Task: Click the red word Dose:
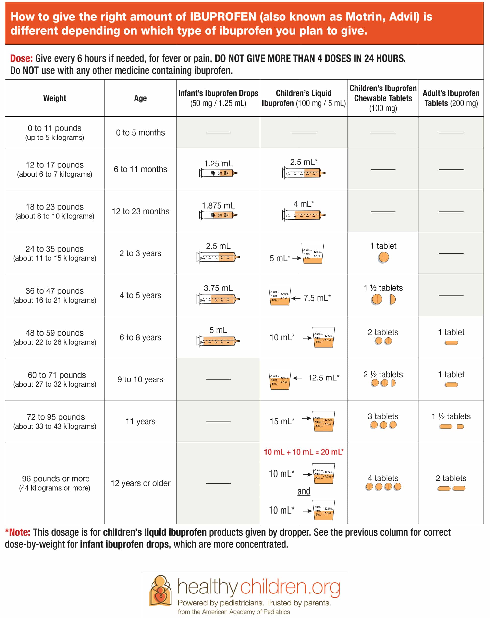[x=21, y=59]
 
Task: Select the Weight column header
[x=54, y=98]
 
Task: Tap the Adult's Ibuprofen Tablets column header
[x=451, y=98]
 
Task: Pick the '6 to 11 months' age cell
[x=140, y=169]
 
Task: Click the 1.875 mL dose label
[x=218, y=205]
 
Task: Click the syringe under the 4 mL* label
[x=304, y=215]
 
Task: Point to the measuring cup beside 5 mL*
[x=312, y=253]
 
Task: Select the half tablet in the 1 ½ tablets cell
[x=392, y=300]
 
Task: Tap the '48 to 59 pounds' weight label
[x=54, y=333]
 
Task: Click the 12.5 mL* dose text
[x=323, y=378]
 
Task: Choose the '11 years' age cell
[x=140, y=421]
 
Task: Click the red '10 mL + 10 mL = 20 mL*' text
[x=304, y=452]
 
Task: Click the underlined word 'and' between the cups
[x=304, y=491]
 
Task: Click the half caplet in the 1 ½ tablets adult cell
[x=460, y=427]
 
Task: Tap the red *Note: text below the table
[x=18, y=532]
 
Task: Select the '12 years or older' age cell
[x=140, y=483]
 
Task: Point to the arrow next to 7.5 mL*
[x=296, y=298]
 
